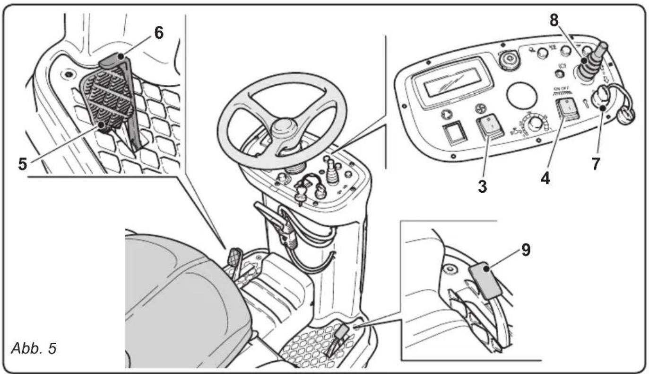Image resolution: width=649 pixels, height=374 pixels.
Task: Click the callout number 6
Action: click(x=158, y=34)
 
